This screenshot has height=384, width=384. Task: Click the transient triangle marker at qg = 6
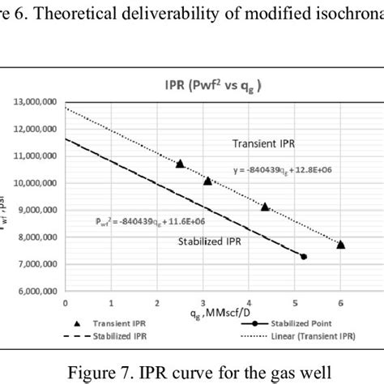click(340, 244)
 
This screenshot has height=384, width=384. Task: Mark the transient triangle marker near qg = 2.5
click(180, 164)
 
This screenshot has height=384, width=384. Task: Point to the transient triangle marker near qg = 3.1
click(207, 181)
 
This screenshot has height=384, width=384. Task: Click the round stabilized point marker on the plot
click(304, 257)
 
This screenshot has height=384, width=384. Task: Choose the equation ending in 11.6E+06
click(145, 218)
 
